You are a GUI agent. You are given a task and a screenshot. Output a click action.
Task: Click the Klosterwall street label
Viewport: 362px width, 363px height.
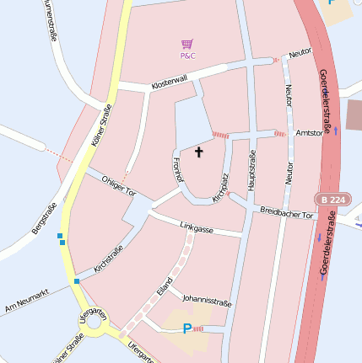pyautogui.click(x=169, y=83)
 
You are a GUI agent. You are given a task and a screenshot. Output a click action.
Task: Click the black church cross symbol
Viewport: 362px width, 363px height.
pyautogui.click(x=200, y=152)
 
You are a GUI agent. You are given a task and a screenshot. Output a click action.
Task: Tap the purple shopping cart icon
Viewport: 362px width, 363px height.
pyautogui.click(x=186, y=43)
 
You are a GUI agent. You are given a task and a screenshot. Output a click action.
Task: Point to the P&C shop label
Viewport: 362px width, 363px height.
pyautogui.click(x=187, y=56)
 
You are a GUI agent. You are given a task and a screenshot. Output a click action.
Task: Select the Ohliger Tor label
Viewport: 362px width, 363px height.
pyautogui.click(x=118, y=185)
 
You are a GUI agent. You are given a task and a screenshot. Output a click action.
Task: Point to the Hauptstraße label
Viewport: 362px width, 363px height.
pyautogui.click(x=251, y=169)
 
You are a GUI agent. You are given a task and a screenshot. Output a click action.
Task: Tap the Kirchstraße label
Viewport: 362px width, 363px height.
pyautogui.click(x=109, y=259)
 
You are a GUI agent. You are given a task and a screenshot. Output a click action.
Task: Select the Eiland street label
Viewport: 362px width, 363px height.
pyautogui.click(x=165, y=286)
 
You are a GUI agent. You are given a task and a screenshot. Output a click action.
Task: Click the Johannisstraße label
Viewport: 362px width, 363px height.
pyautogui.click(x=207, y=299)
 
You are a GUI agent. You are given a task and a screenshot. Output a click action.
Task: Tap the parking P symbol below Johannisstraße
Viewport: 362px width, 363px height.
pyautogui.click(x=187, y=328)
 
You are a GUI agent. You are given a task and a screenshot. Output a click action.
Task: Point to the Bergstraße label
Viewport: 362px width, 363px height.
pyautogui.click(x=44, y=218)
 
